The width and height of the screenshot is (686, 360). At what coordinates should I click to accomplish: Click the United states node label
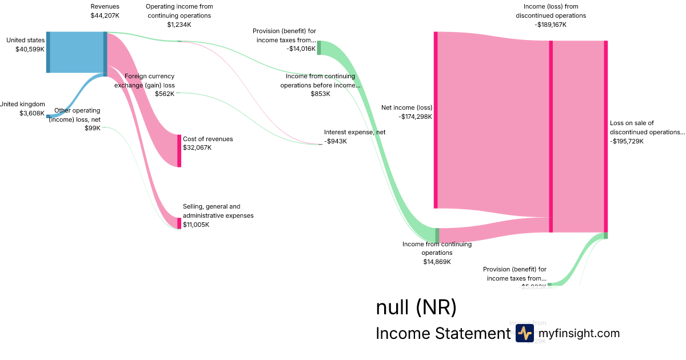(x=25, y=41)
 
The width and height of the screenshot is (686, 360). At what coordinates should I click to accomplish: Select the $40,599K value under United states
(x=30, y=50)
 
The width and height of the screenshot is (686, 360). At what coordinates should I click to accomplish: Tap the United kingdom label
(x=22, y=104)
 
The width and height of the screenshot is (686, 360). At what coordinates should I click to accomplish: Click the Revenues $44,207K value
(x=105, y=15)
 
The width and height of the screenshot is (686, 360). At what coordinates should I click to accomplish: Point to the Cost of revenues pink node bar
(x=179, y=151)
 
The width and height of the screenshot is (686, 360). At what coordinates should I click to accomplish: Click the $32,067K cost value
(x=197, y=147)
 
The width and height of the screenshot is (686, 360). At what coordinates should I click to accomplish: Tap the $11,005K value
(x=196, y=225)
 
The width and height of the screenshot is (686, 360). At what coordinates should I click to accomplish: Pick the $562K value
(x=165, y=94)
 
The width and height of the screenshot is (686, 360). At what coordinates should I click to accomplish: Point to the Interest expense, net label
(x=354, y=132)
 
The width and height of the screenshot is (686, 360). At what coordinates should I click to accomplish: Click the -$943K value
(x=336, y=141)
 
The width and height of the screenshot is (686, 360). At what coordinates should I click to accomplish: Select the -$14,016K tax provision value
(x=301, y=49)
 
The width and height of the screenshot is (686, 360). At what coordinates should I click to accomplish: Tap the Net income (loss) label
(x=406, y=107)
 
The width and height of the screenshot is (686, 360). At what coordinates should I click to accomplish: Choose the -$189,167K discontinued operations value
(x=551, y=25)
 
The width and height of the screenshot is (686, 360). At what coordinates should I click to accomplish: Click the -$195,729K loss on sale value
(x=627, y=141)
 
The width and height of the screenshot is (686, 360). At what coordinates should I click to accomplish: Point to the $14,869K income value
(x=437, y=262)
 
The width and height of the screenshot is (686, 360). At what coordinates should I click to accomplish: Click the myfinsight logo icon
(x=524, y=333)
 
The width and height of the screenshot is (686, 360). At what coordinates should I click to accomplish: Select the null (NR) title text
(x=416, y=307)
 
